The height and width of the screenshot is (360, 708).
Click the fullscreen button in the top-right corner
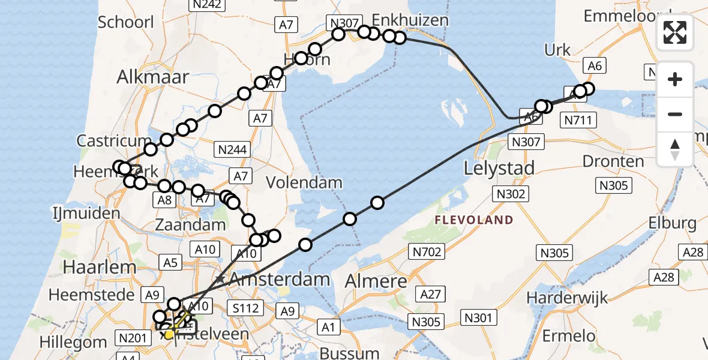675,32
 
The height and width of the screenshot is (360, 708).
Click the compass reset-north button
675,149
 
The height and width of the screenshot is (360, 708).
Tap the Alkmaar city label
154,77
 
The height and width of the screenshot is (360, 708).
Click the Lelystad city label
499,168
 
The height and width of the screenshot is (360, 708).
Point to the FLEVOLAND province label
474,220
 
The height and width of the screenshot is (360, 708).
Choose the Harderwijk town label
567,298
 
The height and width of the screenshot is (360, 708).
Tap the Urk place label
557,50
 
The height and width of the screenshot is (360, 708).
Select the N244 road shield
233,150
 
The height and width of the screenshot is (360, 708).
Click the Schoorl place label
126,23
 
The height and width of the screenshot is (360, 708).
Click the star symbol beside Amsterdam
221,280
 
